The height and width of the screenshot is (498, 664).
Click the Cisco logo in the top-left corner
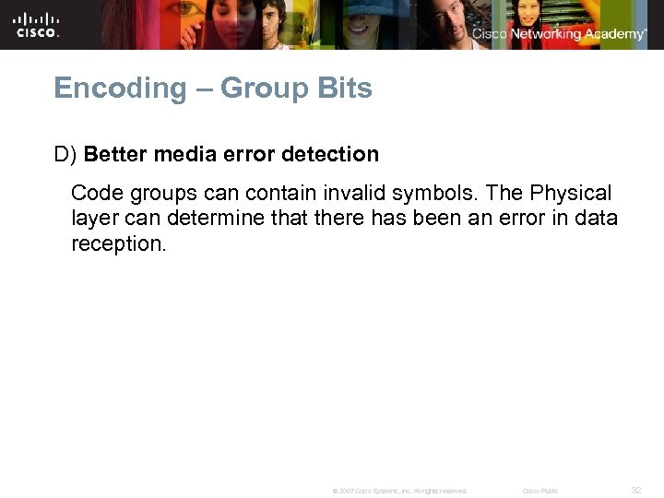point(37,24)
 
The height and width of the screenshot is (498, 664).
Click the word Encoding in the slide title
point(107,89)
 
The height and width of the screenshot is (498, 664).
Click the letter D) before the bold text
point(65,154)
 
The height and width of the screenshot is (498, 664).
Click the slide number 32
point(636,490)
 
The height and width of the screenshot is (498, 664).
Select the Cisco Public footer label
point(539,491)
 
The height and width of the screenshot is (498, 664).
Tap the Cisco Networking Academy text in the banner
point(559,34)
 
